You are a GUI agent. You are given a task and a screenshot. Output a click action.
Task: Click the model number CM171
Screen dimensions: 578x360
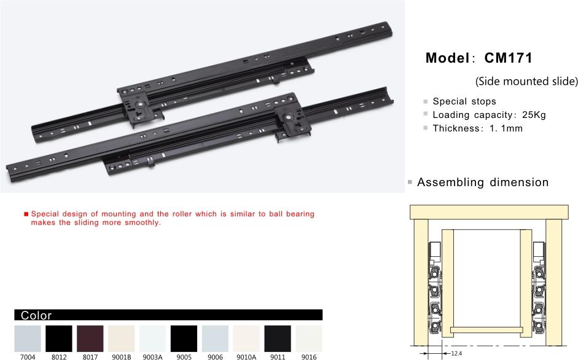[x=509, y=58]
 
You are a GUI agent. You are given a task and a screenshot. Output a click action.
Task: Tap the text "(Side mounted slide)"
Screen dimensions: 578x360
[x=526, y=81]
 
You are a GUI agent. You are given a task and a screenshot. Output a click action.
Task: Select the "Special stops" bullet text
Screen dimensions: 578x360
[x=464, y=101]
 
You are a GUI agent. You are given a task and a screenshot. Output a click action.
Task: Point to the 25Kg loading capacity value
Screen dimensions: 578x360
[x=534, y=115]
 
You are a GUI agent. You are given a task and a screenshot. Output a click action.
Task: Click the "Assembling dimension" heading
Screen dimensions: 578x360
[x=483, y=182]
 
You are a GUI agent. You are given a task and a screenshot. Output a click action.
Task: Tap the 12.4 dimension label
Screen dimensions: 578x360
[x=456, y=353]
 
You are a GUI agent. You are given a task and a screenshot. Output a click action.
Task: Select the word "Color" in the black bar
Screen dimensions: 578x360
[x=36, y=315]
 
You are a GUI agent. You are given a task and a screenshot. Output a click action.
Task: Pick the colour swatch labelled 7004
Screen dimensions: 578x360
[x=28, y=338]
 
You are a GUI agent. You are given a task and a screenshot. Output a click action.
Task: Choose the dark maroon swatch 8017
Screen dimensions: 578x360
[x=90, y=338]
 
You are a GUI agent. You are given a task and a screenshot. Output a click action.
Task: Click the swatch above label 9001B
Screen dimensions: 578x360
[x=121, y=338]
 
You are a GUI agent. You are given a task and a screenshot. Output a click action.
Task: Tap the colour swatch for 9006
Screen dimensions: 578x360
[x=215, y=338]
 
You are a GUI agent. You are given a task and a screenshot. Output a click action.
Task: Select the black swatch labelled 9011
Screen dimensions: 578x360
[x=278, y=338]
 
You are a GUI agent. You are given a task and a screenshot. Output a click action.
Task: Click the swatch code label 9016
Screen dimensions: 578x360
[x=309, y=357]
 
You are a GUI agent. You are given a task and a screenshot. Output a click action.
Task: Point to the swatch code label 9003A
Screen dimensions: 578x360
[x=152, y=357]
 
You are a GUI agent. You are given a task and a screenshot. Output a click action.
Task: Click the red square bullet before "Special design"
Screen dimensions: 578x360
[x=26, y=214]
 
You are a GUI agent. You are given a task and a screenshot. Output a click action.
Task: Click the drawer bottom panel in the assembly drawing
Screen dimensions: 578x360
[x=486, y=329]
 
